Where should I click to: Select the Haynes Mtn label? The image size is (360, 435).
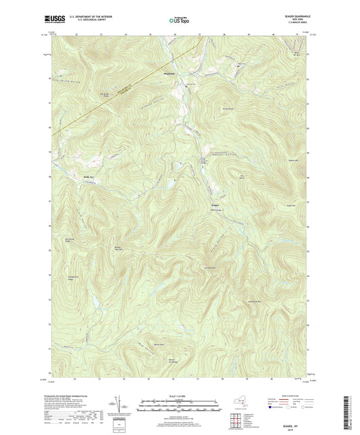click(294, 159)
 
